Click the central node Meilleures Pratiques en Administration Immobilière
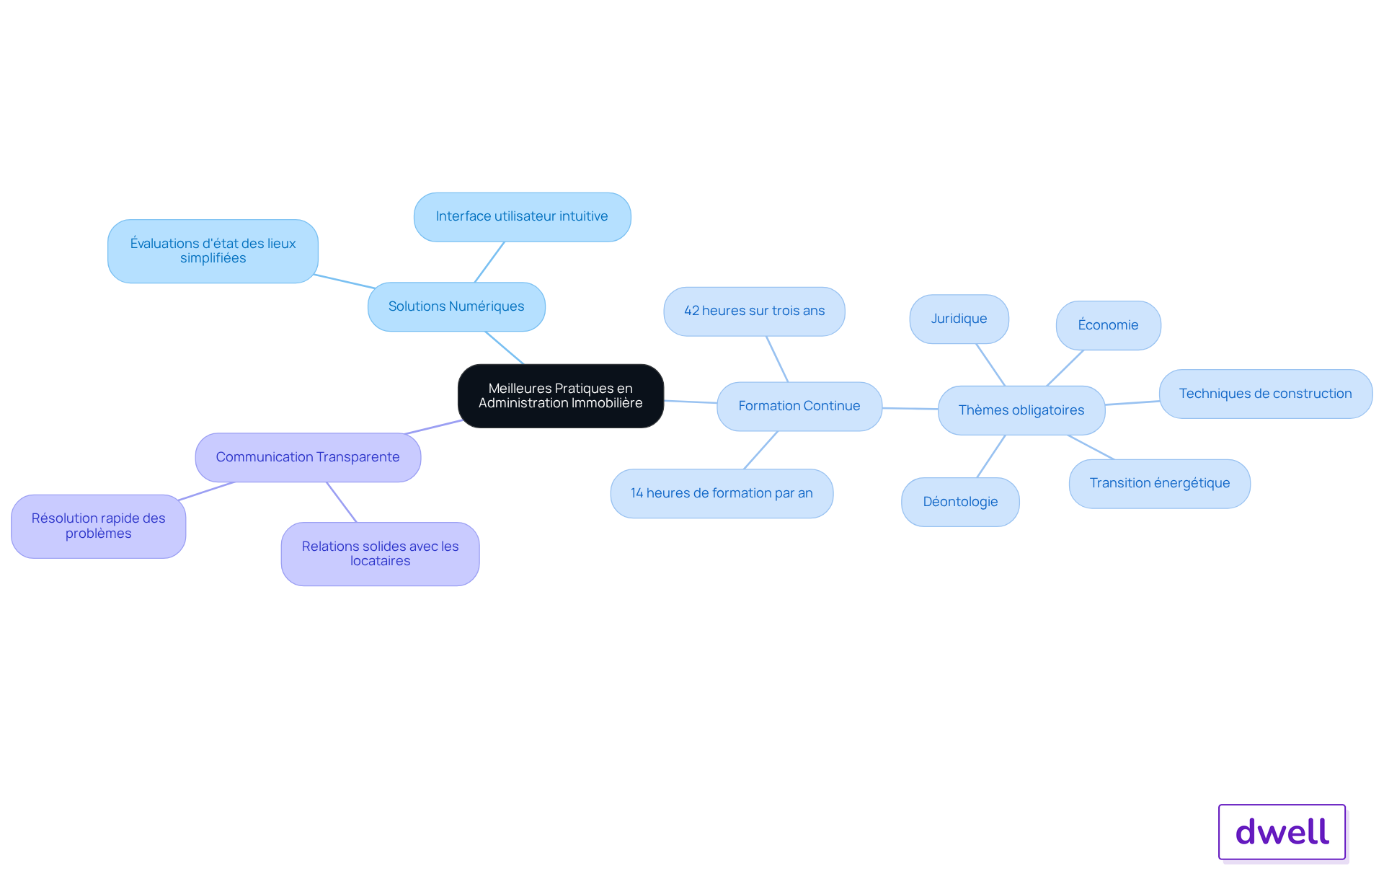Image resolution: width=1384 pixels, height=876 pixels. [561, 396]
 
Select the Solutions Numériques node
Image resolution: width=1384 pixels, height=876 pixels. [456, 306]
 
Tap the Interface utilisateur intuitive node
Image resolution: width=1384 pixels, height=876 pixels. [522, 217]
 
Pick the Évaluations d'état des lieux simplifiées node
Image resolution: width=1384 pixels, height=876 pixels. [213, 251]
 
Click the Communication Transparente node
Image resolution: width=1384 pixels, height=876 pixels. [308, 457]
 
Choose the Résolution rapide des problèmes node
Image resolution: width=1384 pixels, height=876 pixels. [99, 526]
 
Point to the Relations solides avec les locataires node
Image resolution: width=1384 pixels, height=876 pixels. [380, 554]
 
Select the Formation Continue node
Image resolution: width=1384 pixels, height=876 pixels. [799, 407]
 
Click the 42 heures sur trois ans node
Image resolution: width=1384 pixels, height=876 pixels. [754, 311]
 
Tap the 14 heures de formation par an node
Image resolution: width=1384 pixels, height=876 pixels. [722, 494]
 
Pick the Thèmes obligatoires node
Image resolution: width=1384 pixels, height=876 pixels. [1021, 410]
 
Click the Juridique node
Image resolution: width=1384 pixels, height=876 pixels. [959, 319]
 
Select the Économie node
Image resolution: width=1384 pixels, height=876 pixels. [1108, 325]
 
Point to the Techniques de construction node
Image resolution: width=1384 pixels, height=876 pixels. [1265, 394]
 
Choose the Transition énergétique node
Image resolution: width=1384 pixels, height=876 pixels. [1159, 484]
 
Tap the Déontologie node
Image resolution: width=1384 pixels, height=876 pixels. [960, 502]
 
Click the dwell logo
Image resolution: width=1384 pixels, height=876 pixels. [1282, 832]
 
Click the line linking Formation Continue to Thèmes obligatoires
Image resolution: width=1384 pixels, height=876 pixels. [910, 409]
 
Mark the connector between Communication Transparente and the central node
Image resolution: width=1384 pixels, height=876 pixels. [434, 427]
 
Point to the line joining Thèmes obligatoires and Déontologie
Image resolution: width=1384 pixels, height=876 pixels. [991, 456]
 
